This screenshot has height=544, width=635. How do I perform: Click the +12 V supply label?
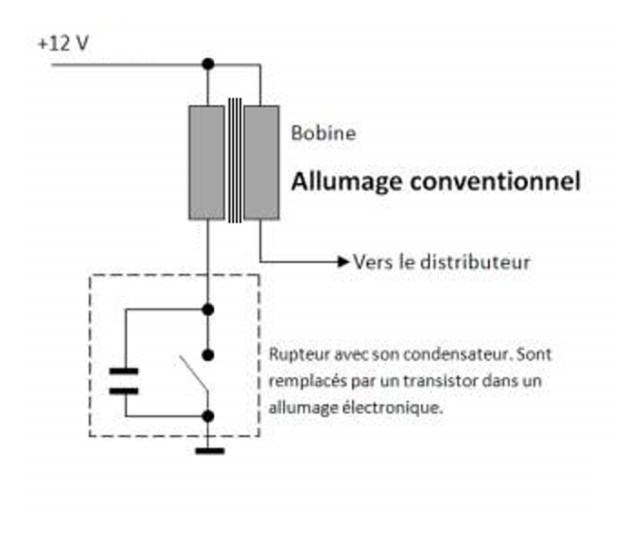point(63,44)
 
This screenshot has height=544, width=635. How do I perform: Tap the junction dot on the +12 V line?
point(208,64)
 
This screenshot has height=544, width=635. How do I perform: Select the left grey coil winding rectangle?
point(207,162)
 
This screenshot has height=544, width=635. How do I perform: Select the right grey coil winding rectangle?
point(261,162)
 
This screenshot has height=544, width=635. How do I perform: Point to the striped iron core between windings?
point(234,160)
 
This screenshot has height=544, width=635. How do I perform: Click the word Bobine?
point(323,133)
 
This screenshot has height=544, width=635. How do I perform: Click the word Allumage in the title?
point(347,182)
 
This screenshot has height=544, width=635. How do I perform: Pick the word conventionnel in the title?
point(495,181)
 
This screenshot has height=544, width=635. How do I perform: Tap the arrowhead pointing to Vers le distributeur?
point(344,261)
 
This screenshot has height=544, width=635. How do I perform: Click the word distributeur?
point(475,262)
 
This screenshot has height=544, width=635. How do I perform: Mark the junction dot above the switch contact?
point(208,310)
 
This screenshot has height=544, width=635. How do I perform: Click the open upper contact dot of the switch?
point(208,355)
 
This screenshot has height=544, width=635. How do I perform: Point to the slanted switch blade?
point(193,374)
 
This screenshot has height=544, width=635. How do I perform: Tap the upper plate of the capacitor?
point(123,371)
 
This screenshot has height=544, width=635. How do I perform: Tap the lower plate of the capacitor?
point(123,391)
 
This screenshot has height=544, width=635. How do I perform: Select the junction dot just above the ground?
point(208,415)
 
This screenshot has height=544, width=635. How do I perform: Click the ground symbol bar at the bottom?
point(210,451)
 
